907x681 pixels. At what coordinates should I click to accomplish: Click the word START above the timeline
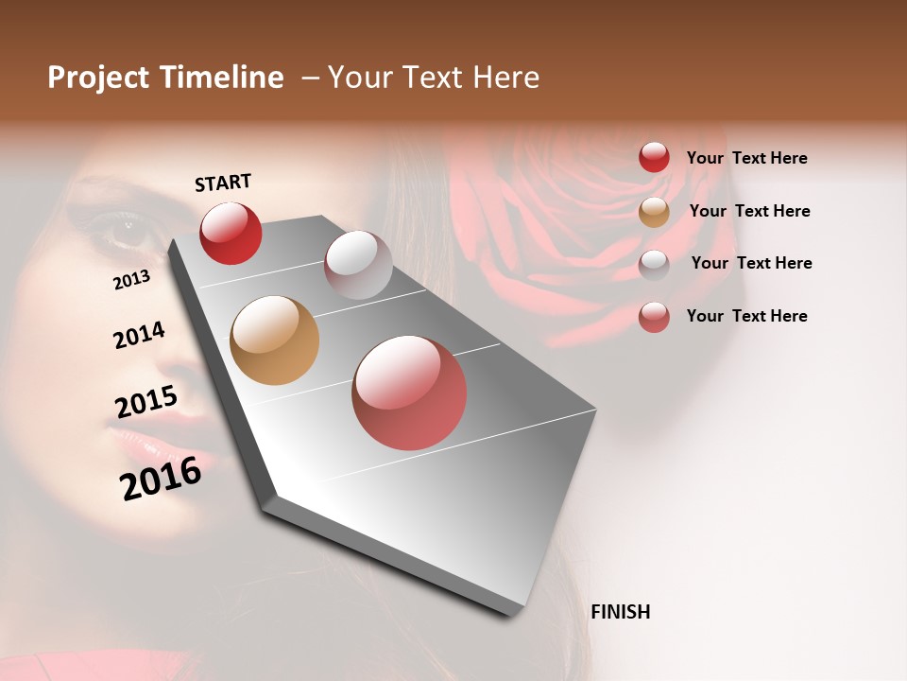(x=223, y=183)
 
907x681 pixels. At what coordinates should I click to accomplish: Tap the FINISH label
(x=620, y=612)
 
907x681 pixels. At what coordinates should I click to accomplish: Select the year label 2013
(x=131, y=279)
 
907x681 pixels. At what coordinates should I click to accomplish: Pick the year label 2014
(x=139, y=335)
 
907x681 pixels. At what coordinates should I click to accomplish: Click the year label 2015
(x=146, y=403)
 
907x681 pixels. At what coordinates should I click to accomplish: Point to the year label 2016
(x=161, y=478)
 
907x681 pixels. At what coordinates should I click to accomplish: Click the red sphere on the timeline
(x=231, y=233)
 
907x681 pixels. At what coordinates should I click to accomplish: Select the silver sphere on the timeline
(x=358, y=265)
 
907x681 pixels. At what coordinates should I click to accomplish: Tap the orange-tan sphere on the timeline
(x=274, y=340)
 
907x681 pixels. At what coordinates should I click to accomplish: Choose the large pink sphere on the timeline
(x=409, y=393)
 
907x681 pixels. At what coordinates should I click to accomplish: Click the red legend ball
(x=654, y=157)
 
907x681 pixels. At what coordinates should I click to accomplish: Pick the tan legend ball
(x=654, y=212)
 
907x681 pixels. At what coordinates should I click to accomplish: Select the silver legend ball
(x=654, y=265)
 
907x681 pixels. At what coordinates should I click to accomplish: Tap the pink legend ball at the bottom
(x=654, y=317)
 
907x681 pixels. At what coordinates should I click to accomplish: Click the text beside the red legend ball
(x=746, y=158)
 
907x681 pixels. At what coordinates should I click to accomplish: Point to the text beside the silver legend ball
(x=751, y=263)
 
